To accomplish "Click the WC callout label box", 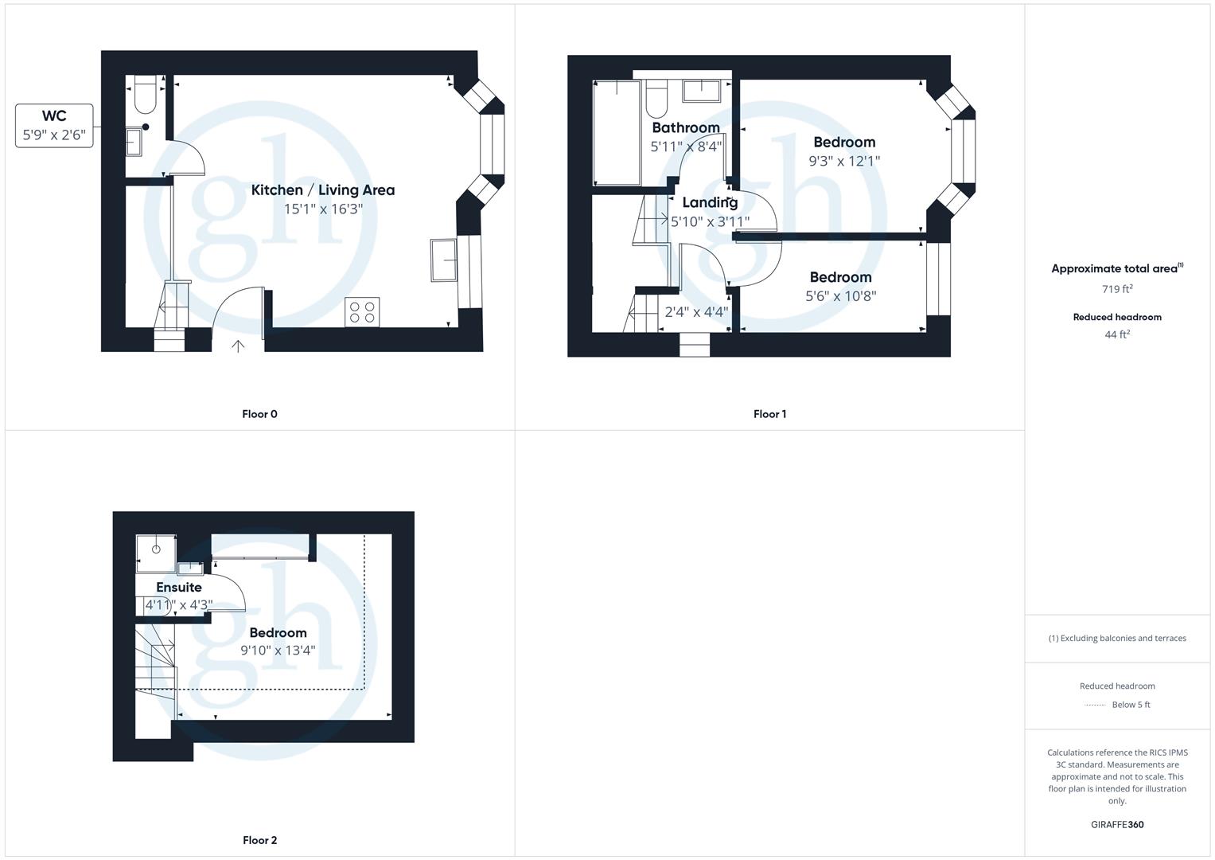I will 54,126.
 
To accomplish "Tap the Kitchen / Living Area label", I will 323,190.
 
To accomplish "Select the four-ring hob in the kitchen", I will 362,311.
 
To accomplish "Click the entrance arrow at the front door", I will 238,346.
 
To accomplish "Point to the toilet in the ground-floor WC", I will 145,95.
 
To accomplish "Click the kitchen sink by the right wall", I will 444,260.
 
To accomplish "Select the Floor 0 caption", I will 259,414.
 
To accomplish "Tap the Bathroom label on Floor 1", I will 685,128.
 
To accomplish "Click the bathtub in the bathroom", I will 617,132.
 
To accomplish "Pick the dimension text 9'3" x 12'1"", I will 844,161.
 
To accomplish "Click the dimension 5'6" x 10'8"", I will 841,296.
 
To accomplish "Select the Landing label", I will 710,203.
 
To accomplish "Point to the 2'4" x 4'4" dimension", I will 696,312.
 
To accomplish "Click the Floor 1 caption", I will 769,414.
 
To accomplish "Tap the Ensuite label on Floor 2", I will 179,588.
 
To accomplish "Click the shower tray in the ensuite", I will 155,553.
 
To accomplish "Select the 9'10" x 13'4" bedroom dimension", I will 278,651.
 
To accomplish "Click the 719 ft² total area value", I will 1117,290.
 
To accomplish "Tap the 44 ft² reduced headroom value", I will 1117,335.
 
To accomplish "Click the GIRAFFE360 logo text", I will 1117,825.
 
